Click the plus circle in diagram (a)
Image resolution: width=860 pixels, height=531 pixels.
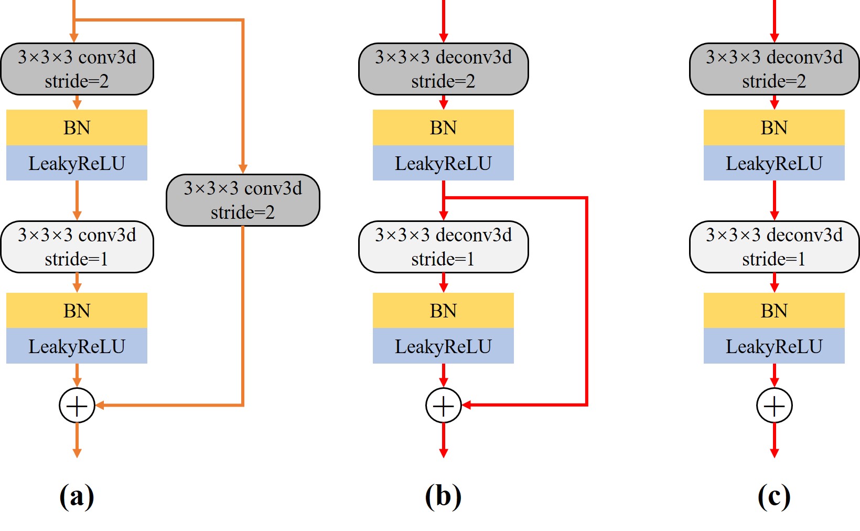77,405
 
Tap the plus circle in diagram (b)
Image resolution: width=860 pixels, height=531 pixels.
443,405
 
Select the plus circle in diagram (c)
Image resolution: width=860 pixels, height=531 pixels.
774,405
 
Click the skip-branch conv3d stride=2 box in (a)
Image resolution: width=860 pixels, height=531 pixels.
243,200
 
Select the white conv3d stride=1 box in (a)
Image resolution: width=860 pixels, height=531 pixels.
77,247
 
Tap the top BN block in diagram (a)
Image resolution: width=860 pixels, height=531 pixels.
77,128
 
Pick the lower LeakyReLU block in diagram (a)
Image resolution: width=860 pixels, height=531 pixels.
77,346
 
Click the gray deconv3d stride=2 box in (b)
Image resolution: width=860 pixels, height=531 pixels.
443,69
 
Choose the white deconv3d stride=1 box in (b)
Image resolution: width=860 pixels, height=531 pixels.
443,247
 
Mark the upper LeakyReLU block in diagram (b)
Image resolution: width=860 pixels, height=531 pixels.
443,163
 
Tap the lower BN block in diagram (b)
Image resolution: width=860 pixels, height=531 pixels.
443,311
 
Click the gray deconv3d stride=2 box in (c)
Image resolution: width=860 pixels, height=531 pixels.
774,69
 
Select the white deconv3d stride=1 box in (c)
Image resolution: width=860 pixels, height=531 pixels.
774,247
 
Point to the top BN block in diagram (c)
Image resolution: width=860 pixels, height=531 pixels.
774,128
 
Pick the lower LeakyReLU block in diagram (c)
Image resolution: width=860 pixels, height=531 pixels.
774,346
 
